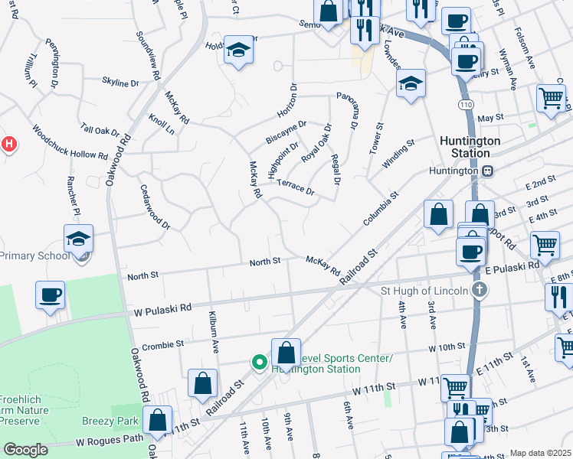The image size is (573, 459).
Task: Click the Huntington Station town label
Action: pos(470,147)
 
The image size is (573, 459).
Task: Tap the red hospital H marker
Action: pos(8,143)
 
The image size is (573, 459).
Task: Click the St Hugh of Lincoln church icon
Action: pos(479,290)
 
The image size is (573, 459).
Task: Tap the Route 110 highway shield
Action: pos(466,103)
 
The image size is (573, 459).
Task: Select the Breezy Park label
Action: pos(111,421)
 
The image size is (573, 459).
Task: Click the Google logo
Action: pos(25,450)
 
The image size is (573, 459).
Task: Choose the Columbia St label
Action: pos(381,207)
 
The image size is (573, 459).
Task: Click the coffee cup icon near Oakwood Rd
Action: pos(51,295)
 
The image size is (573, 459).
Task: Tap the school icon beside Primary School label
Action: pos(79,239)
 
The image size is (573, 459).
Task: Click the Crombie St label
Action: pos(163,345)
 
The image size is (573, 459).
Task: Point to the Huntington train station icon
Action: pos(487,171)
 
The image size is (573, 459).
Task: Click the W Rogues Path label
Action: pos(109,441)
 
